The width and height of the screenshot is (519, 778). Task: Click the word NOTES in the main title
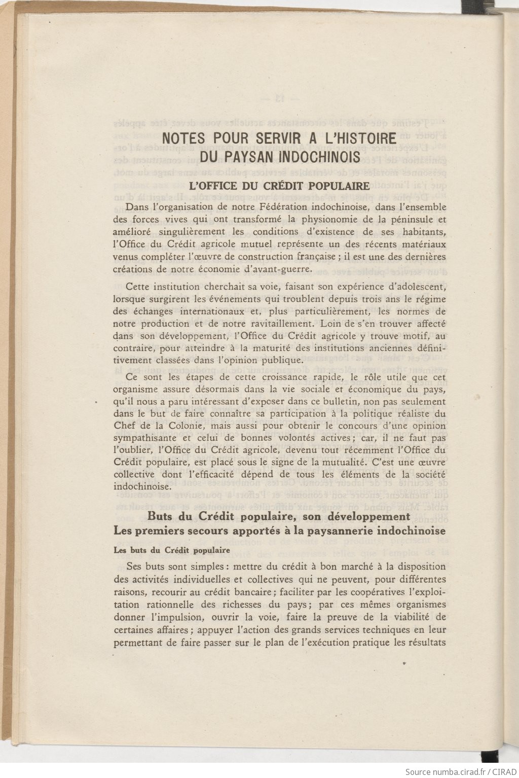(183, 138)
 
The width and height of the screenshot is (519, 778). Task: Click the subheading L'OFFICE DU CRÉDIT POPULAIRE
(279, 186)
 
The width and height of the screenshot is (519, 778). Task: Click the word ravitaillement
(271, 323)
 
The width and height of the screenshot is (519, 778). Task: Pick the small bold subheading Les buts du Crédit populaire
(171, 550)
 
